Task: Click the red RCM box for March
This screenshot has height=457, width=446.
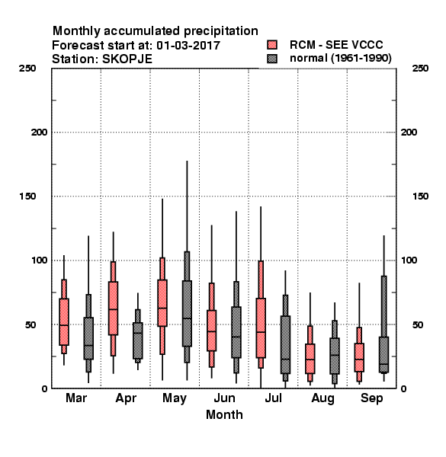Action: click(x=64, y=321)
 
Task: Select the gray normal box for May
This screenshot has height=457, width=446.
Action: click(x=187, y=313)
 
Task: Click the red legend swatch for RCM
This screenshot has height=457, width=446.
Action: click(x=272, y=45)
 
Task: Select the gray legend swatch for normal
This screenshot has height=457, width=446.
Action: click(x=272, y=59)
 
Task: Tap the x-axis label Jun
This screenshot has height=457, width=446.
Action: click(x=224, y=398)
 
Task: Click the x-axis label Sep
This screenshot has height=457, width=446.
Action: click(x=371, y=398)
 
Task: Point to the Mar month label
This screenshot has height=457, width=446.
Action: click(x=76, y=398)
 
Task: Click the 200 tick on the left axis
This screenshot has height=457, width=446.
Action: click(x=40, y=133)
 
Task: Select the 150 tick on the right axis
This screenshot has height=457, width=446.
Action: click(x=420, y=197)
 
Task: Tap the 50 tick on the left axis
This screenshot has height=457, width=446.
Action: click(x=30, y=324)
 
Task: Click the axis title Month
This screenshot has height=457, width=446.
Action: click(x=224, y=414)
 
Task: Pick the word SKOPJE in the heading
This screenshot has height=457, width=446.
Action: click(x=127, y=59)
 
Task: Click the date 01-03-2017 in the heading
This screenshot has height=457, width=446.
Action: click(x=188, y=45)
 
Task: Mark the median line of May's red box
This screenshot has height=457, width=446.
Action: click(x=162, y=308)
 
